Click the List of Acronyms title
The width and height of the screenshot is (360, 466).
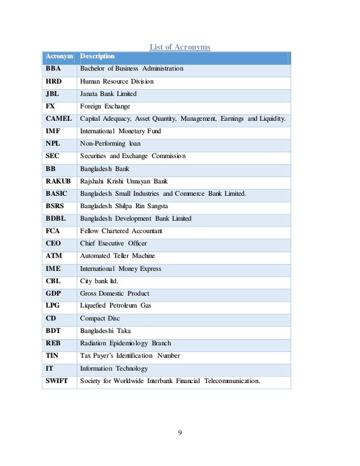click(x=179, y=47)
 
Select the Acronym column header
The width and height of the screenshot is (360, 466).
click(x=59, y=56)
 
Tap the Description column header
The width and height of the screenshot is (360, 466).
click(x=98, y=56)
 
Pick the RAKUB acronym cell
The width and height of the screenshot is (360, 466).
click(x=58, y=181)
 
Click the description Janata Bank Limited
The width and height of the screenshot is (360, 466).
click(x=108, y=94)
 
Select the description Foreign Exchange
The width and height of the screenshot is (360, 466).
click(x=105, y=106)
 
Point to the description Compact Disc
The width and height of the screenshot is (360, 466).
click(x=101, y=318)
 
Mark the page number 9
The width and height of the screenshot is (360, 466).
click(x=179, y=433)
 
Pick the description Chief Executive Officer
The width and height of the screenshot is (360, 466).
click(x=113, y=243)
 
